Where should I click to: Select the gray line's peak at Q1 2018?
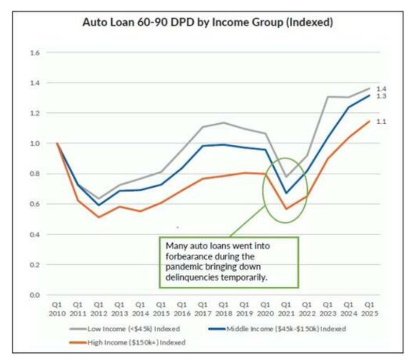(x=223, y=123)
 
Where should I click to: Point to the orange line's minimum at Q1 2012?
(x=98, y=217)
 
